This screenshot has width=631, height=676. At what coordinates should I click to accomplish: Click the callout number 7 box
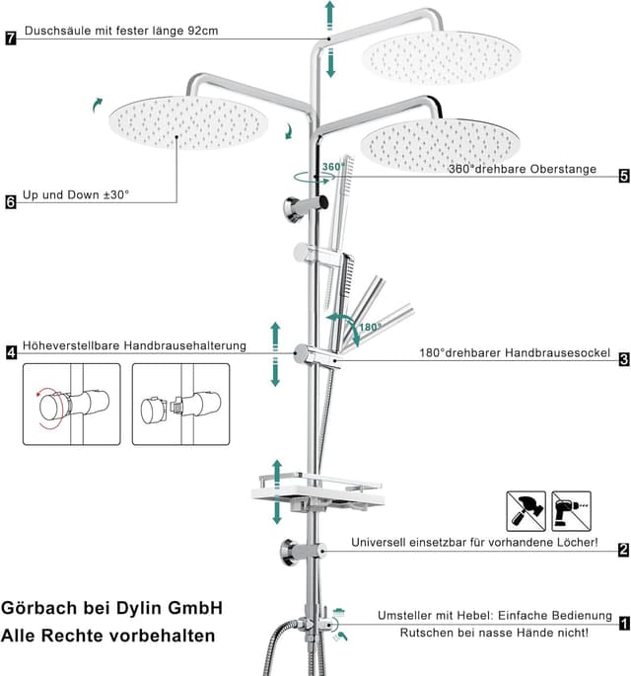[x=11, y=39]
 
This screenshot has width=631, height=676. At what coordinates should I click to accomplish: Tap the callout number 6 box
[x=11, y=202]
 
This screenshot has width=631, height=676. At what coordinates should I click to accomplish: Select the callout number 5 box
[x=624, y=177]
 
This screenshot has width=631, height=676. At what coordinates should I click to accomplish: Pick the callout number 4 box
[x=11, y=352]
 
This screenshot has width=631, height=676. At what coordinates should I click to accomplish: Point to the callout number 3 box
[x=624, y=359]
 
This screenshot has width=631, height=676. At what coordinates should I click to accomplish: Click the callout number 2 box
[x=623, y=550]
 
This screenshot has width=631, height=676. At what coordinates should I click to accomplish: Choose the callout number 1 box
[x=624, y=623]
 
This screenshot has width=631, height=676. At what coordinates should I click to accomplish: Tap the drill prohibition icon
[x=571, y=510]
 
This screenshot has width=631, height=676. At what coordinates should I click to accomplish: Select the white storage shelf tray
[x=317, y=493]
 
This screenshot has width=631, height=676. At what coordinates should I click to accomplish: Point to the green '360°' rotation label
[x=332, y=168]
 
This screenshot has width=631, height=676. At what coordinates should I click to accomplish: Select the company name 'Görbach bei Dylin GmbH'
[x=111, y=608]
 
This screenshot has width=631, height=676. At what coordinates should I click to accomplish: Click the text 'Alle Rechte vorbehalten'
[x=107, y=637]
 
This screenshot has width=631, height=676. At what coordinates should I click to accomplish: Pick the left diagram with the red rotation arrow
[x=71, y=404]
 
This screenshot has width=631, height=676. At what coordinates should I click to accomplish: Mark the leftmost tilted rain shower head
[x=187, y=126]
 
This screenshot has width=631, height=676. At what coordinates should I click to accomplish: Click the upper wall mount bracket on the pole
[x=298, y=207]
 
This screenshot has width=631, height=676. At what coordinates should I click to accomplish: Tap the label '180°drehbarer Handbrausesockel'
[x=514, y=353]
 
